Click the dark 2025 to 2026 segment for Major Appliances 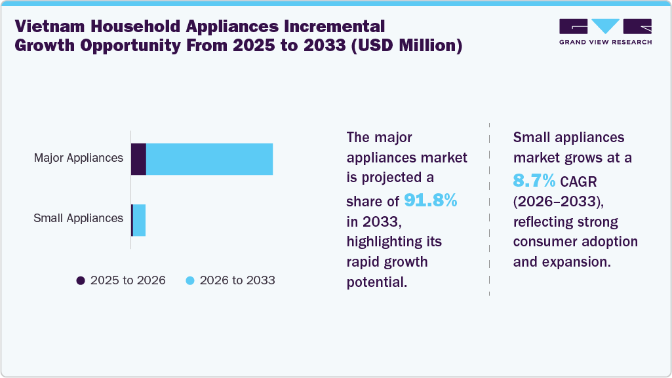click(138, 159)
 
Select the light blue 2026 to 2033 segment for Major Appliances click(209, 159)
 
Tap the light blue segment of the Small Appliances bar click(140, 219)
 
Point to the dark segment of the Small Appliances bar click(132, 219)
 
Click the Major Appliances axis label click(79, 158)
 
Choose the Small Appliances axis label click(78, 218)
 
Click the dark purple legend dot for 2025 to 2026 click(81, 280)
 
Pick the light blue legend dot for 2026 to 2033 click(190, 280)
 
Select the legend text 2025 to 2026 click(128, 280)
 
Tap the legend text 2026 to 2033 click(237, 280)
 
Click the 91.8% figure click(430, 200)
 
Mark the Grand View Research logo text click(605, 42)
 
